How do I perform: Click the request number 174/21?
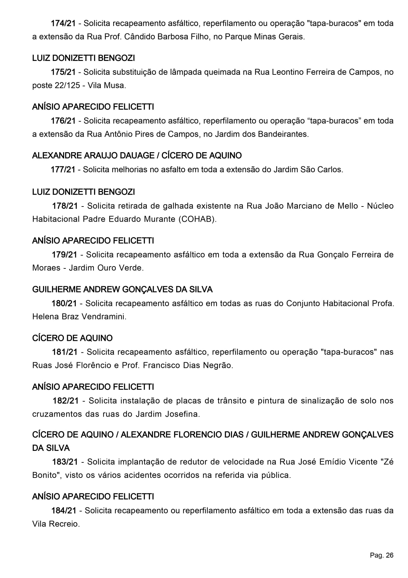click(x=63, y=23)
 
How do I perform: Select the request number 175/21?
click(x=63, y=72)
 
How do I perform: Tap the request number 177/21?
click(x=63, y=170)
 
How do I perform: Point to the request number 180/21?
click(x=64, y=303)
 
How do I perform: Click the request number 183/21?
click(x=65, y=462)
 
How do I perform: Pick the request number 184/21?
click(x=64, y=510)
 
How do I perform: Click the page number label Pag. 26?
click(x=381, y=556)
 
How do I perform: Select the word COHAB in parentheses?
click(x=196, y=219)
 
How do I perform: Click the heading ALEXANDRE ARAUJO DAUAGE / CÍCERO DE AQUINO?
click(x=137, y=155)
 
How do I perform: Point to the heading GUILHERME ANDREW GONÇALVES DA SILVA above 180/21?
click(x=122, y=289)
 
